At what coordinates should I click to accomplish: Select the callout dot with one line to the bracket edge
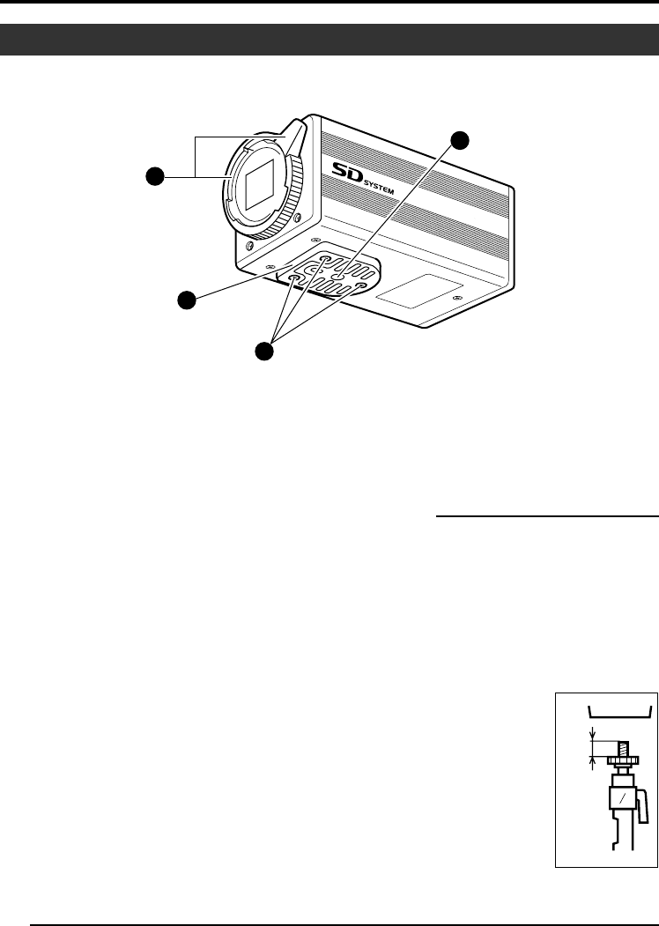click(186, 300)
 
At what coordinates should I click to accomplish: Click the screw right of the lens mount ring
click(300, 219)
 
